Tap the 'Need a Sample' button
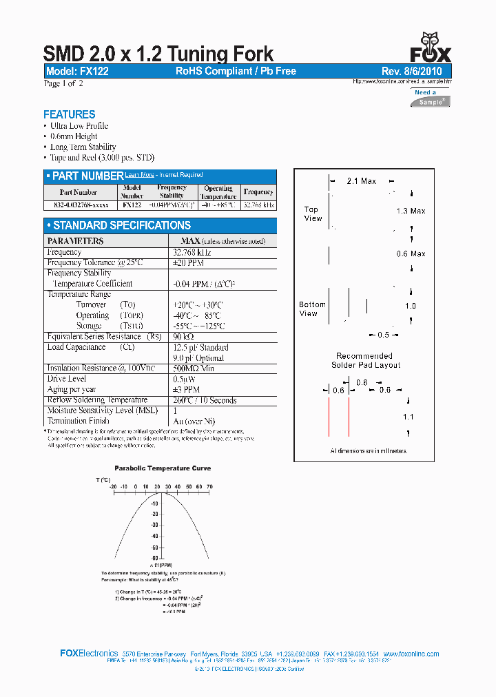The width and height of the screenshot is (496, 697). point(431,97)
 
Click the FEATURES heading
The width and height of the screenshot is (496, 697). point(70,114)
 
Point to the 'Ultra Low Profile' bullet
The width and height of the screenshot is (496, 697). point(79,126)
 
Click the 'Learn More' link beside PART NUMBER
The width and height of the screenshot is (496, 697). point(140,175)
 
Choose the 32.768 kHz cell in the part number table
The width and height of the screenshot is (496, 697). point(258,205)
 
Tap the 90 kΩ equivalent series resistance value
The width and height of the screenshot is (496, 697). point(182,337)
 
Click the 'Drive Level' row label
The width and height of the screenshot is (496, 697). point(67,379)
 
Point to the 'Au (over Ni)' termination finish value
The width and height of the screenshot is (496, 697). point(193,421)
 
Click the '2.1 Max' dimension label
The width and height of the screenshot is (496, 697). point(361,181)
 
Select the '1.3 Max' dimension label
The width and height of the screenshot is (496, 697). point(411,211)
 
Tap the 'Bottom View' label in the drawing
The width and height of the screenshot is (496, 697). point(312,309)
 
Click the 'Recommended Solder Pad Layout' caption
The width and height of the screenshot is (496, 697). point(366,360)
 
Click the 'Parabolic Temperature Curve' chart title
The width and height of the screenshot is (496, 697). point(163,468)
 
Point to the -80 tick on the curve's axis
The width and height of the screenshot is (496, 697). point(155,557)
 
